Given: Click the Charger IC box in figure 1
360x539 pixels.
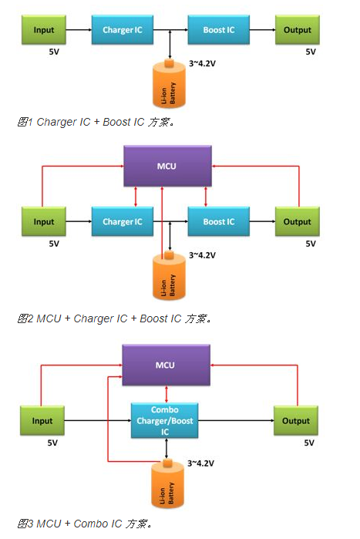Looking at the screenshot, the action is (x=123, y=30).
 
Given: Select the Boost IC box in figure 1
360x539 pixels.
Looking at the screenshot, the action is (x=218, y=30).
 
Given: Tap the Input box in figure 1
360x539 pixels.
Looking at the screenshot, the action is (x=44, y=30).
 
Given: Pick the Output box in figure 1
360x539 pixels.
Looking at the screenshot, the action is (x=297, y=30).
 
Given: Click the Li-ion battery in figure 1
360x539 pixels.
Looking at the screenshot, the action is (x=169, y=83).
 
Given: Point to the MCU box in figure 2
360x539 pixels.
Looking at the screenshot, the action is (x=167, y=166).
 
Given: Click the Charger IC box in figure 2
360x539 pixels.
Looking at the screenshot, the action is (x=123, y=221).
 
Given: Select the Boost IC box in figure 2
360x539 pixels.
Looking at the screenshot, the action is (x=218, y=221).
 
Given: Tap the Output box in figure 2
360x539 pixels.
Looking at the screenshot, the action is (x=297, y=221).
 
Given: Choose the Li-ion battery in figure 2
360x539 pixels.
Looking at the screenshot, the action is (x=169, y=275).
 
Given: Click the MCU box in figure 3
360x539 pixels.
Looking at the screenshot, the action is (x=166, y=365).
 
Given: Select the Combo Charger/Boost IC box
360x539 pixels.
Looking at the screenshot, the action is (x=164, y=420).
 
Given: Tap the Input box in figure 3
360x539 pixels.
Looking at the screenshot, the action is (x=42, y=420).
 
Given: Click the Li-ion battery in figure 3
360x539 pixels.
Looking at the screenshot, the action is (x=167, y=483).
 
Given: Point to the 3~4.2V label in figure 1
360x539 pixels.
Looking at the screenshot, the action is (x=202, y=63).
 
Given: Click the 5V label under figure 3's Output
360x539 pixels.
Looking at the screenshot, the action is (x=309, y=443).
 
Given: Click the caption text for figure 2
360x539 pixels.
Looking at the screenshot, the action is (x=114, y=318).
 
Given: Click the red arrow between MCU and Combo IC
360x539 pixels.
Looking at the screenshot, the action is (x=167, y=394).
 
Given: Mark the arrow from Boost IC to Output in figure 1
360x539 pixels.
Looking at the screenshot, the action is (x=262, y=30).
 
